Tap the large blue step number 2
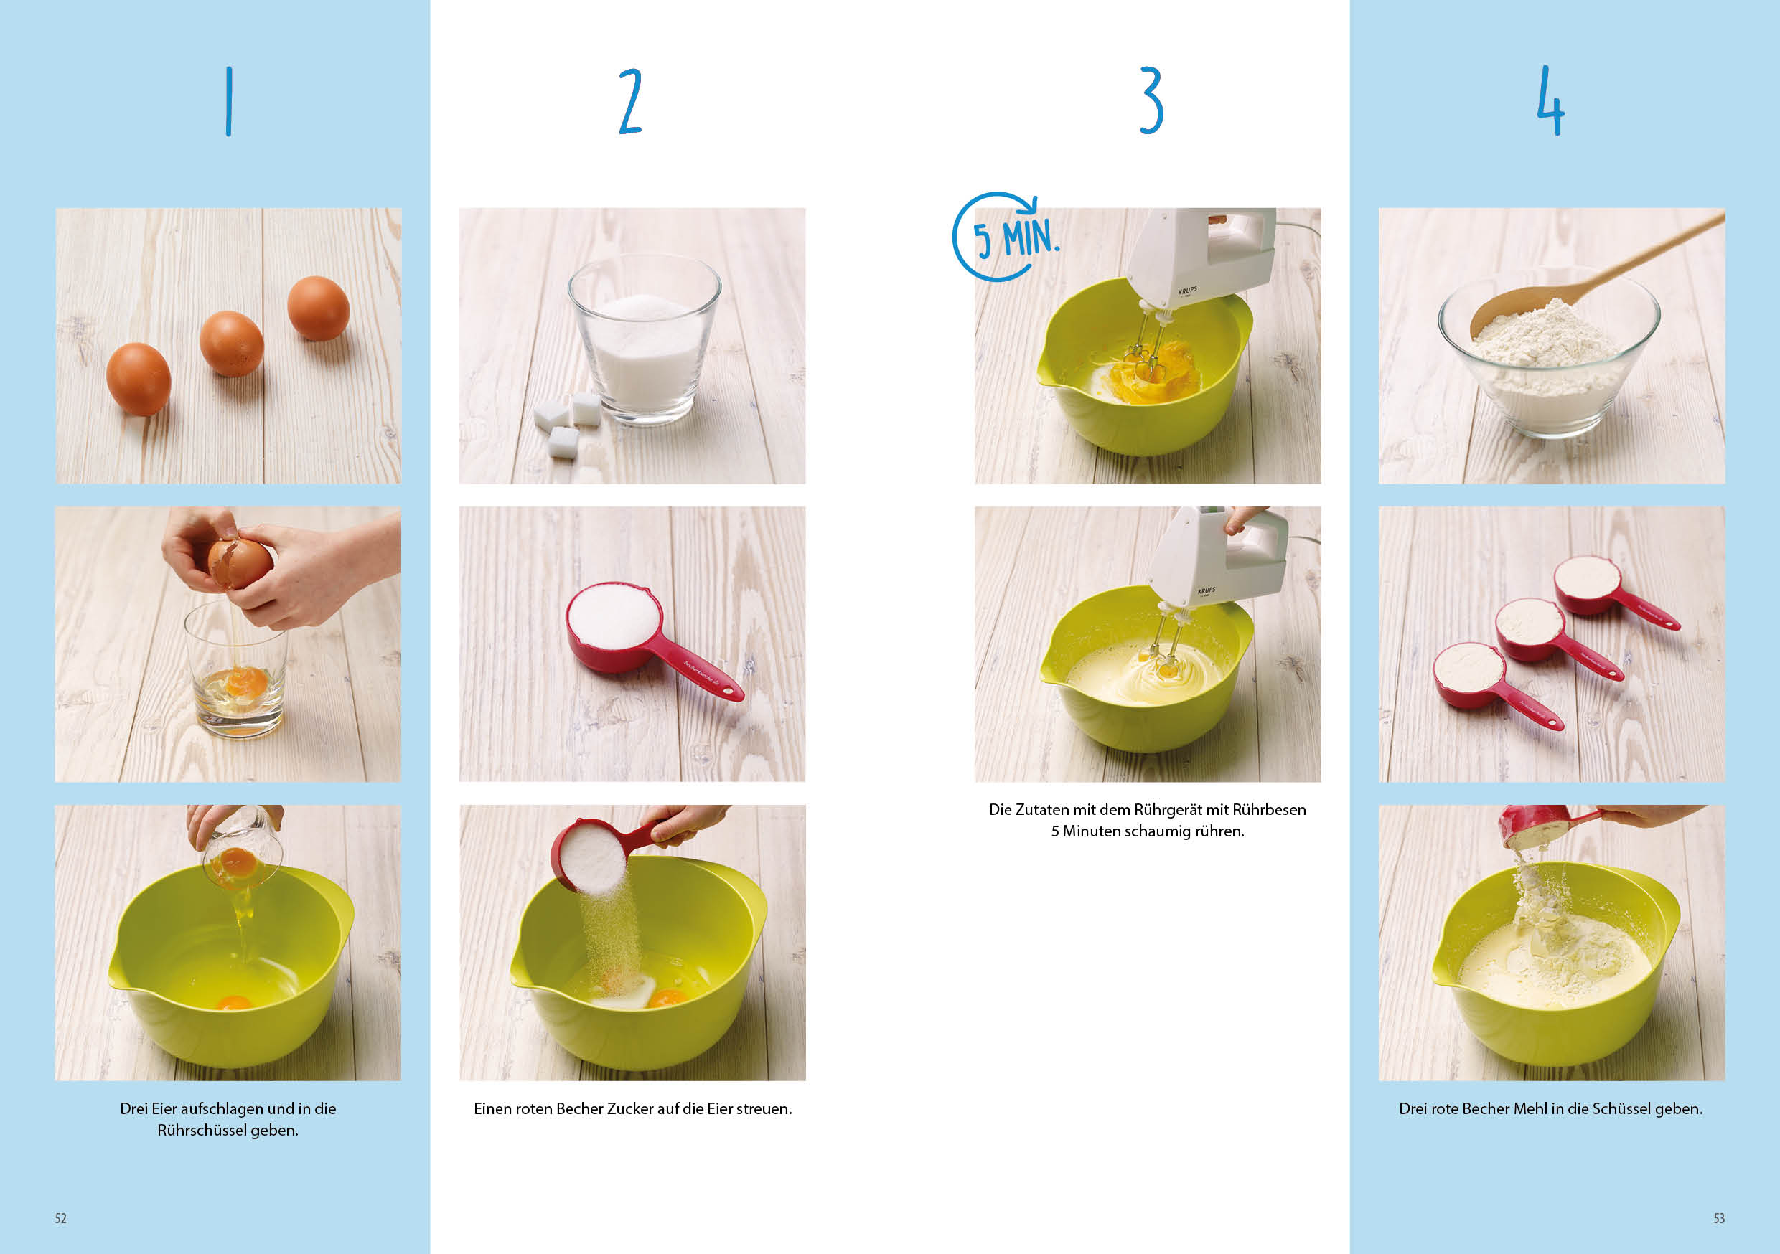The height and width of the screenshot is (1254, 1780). (x=630, y=100)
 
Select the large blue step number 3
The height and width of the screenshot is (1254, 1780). (x=1151, y=100)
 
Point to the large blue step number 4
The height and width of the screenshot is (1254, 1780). (x=1550, y=100)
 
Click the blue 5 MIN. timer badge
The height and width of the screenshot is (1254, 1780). (x=1005, y=237)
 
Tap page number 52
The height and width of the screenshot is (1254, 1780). (x=60, y=1218)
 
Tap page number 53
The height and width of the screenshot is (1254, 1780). (x=1719, y=1218)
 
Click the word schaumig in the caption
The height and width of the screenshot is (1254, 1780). (x=1155, y=831)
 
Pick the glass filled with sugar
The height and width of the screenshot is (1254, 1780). (x=645, y=339)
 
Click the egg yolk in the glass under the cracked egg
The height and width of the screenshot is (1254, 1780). (x=246, y=682)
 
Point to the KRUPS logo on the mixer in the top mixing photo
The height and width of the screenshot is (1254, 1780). (x=1188, y=291)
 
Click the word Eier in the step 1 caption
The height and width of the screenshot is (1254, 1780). (x=164, y=1109)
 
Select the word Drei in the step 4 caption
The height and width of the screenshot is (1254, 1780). (x=1413, y=1109)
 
